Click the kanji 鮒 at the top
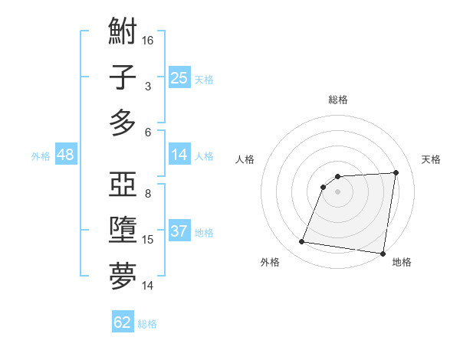pos(123,33)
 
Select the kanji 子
pos(123,79)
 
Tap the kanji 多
pos(123,123)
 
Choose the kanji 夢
pos(123,277)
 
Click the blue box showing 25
pos(179,78)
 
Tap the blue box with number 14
pos(179,155)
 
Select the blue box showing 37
pos(179,231)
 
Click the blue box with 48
pos(66,155)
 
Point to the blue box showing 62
pos(123,322)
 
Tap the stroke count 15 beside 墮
pos(148,240)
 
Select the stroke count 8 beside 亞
pos(148,193)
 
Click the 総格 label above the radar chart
pos(338,100)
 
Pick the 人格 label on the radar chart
pos(245,159)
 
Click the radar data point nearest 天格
pos(396,172)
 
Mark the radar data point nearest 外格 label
pos(302,242)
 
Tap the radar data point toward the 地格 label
pos(383,253)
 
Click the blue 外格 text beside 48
pos(41,155)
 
